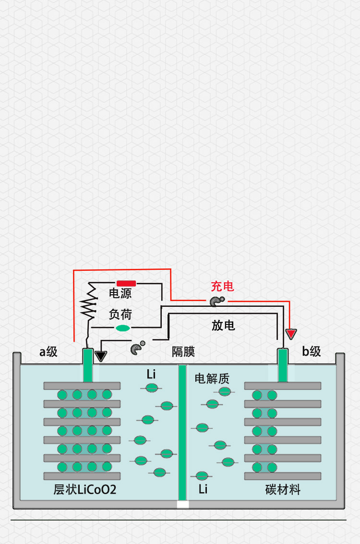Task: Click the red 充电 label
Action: (x=223, y=287)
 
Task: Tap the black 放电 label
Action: (x=223, y=326)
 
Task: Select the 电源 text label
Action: (x=120, y=293)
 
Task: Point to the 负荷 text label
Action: (x=120, y=314)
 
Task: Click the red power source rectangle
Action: (x=126, y=283)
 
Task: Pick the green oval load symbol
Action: (x=123, y=328)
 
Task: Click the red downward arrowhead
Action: (x=291, y=334)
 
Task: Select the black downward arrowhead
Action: (x=100, y=356)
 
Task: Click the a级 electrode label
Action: (x=48, y=352)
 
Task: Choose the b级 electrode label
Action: (x=312, y=351)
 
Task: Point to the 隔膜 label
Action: (x=183, y=352)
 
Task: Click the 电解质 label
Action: (x=212, y=378)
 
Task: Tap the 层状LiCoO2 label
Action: (x=85, y=490)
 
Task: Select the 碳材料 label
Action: (x=283, y=490)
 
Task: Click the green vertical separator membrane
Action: (x=182, y=432)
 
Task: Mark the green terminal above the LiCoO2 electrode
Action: (x=87, y=365)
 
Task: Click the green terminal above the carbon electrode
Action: (x=283, y=365)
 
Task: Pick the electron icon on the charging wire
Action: (x=216, y=301)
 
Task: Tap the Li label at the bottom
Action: (x=203, y=489)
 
